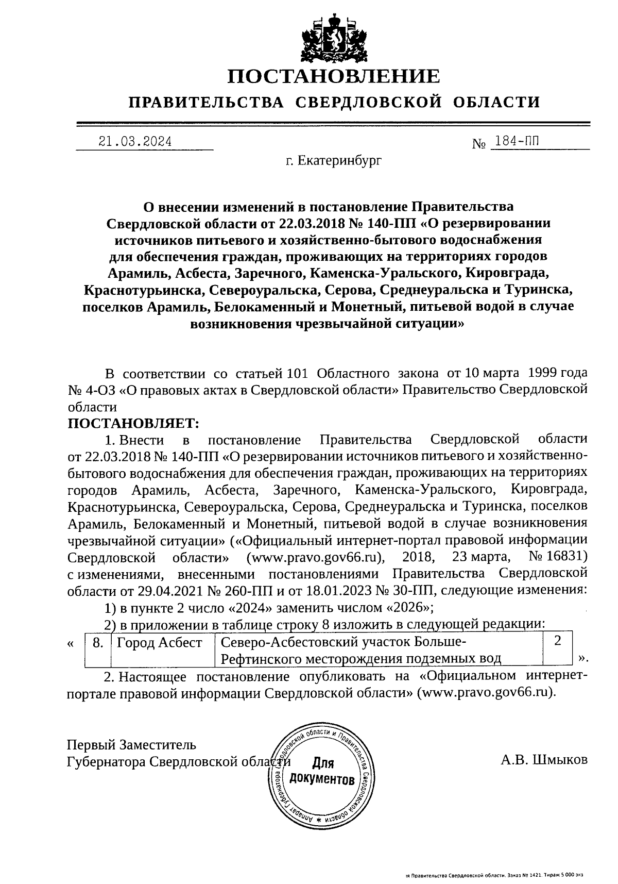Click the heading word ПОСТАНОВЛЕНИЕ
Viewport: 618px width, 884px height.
[334, 77]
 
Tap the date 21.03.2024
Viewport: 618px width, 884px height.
[135, 142]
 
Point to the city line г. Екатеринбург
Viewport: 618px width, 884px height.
[334, 161]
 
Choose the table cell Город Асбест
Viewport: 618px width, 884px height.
[160, 643]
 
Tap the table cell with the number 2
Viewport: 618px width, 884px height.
[557, 641]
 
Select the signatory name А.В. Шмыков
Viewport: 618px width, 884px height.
[543, 759]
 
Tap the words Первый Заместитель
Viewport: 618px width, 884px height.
[131, 744]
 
